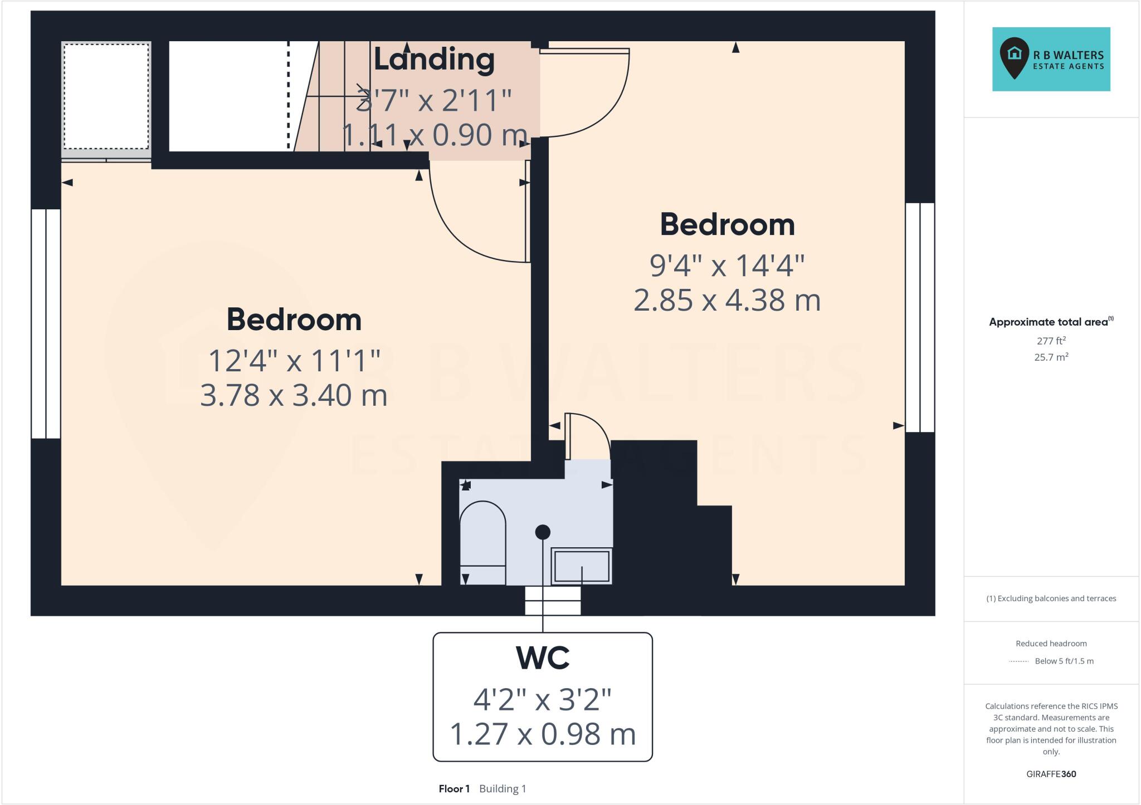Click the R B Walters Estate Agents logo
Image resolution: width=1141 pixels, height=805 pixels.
[1051, 59]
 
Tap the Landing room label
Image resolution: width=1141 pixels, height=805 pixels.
[434, 59]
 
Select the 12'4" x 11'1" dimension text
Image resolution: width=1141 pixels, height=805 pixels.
[294, 360]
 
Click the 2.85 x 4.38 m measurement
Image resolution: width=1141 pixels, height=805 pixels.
[727, 300]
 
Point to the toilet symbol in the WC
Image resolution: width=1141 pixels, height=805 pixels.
[482, 543]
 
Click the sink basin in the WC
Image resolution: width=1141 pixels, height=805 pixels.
[582, 566]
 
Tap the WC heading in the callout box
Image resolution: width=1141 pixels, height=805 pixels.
[543, 658]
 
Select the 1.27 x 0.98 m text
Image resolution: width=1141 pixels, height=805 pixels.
[543, 734]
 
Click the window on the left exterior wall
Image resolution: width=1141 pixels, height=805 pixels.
[46, 323]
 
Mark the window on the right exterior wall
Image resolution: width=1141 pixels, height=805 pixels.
[920, 317]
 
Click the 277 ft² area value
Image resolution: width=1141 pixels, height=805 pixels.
[1051, 341]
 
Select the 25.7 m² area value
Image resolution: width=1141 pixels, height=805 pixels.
[1051, 357]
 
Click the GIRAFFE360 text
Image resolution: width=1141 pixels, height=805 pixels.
[1051, 774]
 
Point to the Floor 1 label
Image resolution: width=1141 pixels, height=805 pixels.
[454, 789]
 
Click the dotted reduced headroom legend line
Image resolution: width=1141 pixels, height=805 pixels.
[1018, 661]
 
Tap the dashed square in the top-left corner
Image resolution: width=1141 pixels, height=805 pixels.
[106, 96]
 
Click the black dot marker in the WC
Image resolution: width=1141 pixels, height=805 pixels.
[543, 532]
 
